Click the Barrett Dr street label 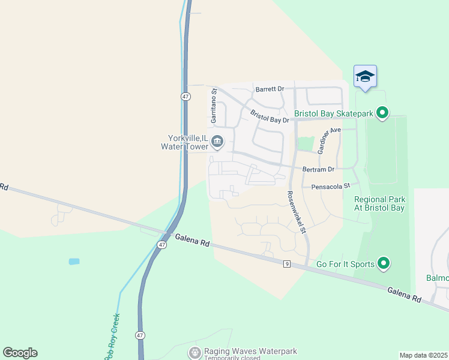(x=270, y=89)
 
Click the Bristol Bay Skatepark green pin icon (x=382, y=112)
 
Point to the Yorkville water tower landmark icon (x=217, y=142)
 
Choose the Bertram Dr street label (x=318, y=170)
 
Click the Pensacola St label (x=330, y=187)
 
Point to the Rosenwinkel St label (x=297, y=211)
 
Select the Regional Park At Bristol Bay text (x=379, y=203)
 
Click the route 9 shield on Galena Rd (x=287, y=263)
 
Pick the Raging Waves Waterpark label (x=251, y=352)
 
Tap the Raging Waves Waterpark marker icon (x=194, y=353)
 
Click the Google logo (x=20, y=353)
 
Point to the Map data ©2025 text (x=423, y=355)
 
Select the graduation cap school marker (x=365, y=76)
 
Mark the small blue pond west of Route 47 (x=74, y=262)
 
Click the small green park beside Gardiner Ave (x=306, y=144)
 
